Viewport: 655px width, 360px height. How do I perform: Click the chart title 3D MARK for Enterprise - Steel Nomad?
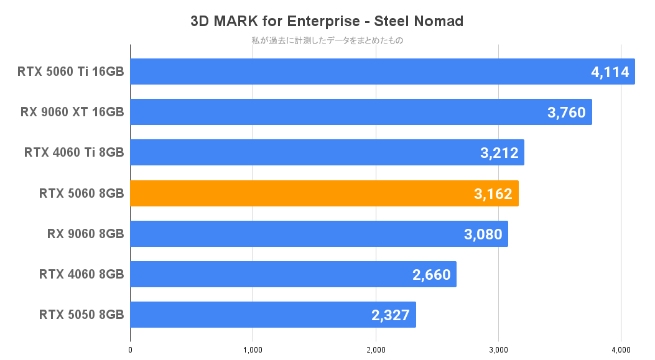pyautogui.click(x=327, y=21)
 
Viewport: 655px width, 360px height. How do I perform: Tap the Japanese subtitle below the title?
pyautogui.click(x=327, y=41)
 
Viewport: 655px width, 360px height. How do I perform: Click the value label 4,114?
pyautogui.click(x=611, y=72)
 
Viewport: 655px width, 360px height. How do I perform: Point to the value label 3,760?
pyautogui.click(x=567, y=113)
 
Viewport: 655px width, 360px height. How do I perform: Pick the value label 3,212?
pyautogui.click(x=499, y=153)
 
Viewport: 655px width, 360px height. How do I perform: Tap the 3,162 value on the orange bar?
pyautogui.click(x=493, y=194)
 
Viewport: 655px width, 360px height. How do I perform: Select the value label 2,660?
pyautogui.click(x=431, y=275)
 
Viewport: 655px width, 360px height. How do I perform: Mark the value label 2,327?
pyautogui.click(x=391, y=315)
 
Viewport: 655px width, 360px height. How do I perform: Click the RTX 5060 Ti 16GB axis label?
pyautogui.click(x=71, y=72)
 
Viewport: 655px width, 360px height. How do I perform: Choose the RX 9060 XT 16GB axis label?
pyautogui.click(x=72, y=113)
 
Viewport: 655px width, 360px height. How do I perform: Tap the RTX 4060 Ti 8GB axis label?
pyautogui.click(x=74, y=153)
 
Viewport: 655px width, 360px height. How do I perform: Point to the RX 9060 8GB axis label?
pyautogui.click(x=85, y=234)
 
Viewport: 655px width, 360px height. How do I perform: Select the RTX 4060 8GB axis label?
pyautogui.click(x=81, y=275)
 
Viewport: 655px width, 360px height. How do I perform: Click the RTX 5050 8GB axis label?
pyautogui.click(x=81, y=315)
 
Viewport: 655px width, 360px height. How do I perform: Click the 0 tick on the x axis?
pyautogui.click(x=130, y=350)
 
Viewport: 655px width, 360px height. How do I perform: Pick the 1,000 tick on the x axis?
pyautogui.click(x=253, y=350)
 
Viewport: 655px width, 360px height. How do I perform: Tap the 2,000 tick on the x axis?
pyautogui.click(x=376, y=350)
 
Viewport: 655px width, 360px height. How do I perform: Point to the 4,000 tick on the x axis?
pyautogui.click(x=621, y=350)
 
